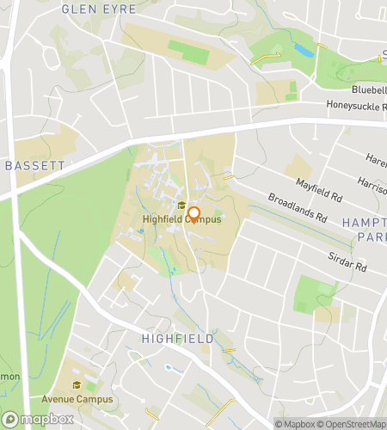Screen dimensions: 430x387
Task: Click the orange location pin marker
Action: coord(194,214)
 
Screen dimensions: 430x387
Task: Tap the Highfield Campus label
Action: coord(181,219)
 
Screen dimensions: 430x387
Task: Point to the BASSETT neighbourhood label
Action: coord(34,164)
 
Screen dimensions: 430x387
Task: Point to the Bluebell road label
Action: coord(367,89)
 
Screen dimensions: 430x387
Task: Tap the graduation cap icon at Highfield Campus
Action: coord(181,206)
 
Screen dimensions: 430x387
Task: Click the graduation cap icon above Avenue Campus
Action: coord(77,386)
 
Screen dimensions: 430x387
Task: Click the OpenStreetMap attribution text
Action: coord(353,423)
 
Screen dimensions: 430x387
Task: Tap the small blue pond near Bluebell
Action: coord(304,49)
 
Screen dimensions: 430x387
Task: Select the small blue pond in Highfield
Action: coord(169,368)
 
